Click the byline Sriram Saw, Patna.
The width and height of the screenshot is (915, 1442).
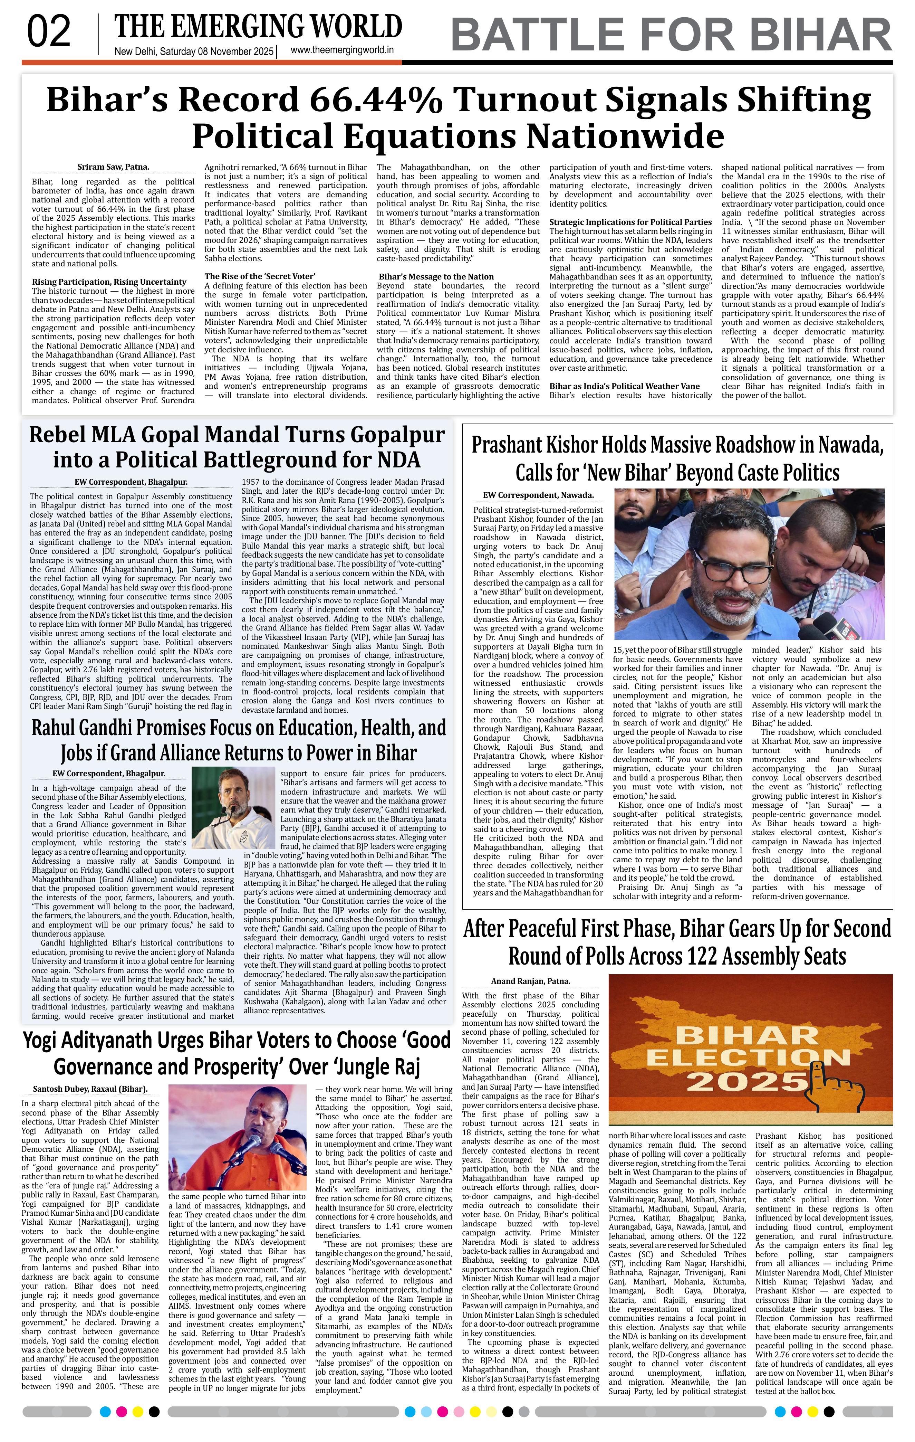pos(113,167)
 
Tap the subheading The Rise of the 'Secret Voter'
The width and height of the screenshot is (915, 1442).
pos(260,276)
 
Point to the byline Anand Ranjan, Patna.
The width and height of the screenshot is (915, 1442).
pos(530,981)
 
